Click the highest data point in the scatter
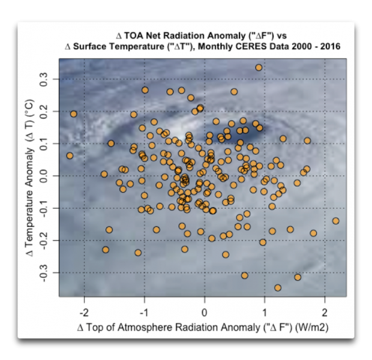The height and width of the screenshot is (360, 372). click(x=259, y=68)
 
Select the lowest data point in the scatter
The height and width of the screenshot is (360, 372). click(x=278, y=288)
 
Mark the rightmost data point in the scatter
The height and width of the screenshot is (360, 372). click(x=335, y=221)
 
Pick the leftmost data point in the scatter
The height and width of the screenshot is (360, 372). click(x=70, y=155)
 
